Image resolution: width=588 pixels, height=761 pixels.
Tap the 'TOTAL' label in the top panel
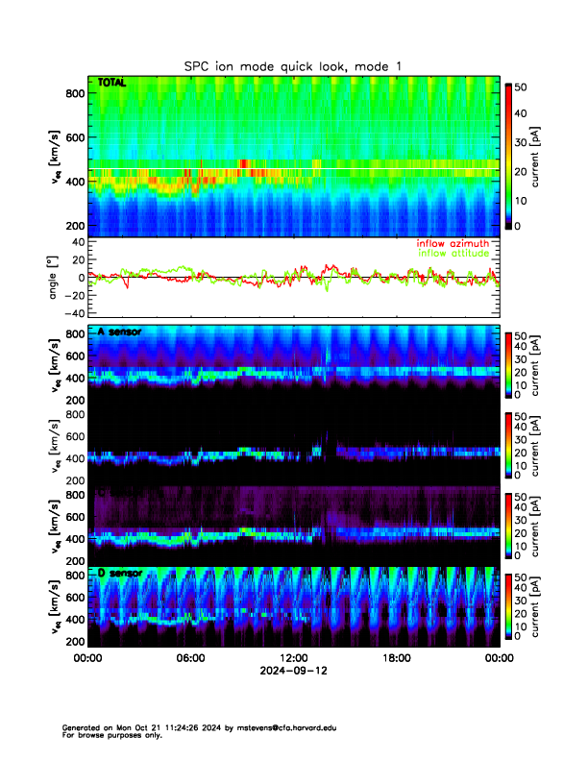point(111,85)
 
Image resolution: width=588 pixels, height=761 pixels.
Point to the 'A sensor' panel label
point(119,331)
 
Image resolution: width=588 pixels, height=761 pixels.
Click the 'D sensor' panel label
point(119,574)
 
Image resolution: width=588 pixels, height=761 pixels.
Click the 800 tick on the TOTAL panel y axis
point(73,93)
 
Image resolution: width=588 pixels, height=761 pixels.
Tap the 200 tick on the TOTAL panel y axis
point(73,226)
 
